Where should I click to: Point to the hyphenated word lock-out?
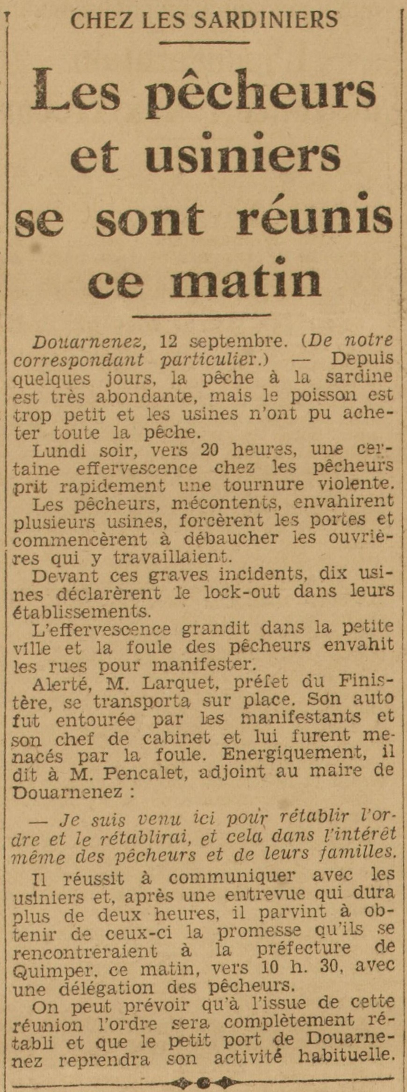click(x=241, y=592)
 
